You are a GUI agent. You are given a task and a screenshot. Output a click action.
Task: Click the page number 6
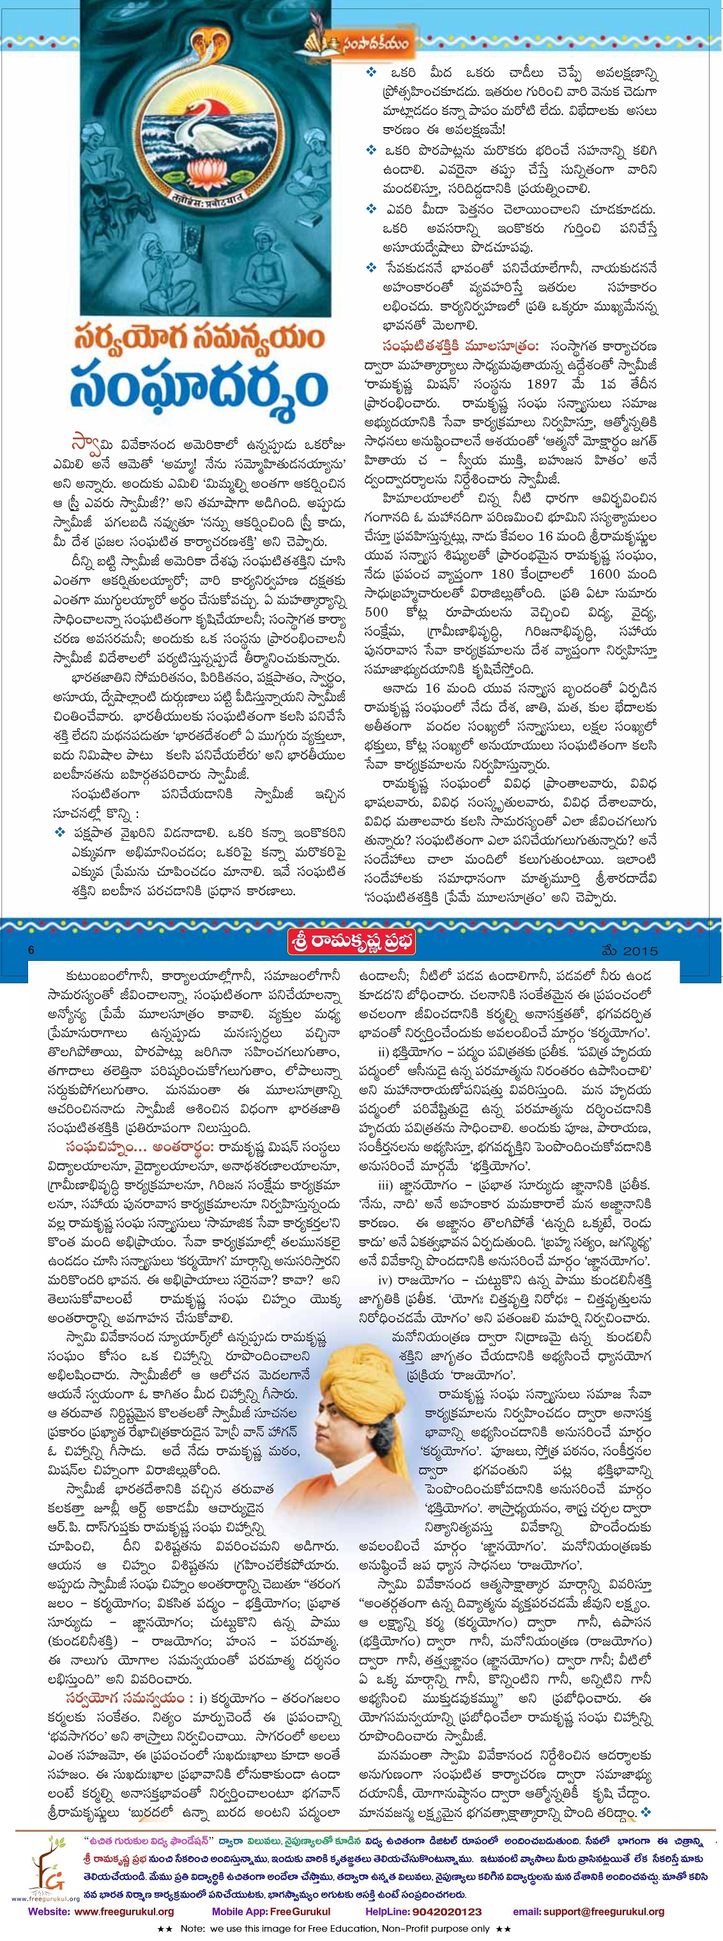coord(31,950)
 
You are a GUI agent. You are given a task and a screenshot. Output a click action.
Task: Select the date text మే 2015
coord(630,951)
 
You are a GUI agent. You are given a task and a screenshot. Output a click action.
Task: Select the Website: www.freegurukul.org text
coord(101,1912)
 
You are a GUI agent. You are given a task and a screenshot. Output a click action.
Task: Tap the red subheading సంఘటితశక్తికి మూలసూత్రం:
coord(460,345)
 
